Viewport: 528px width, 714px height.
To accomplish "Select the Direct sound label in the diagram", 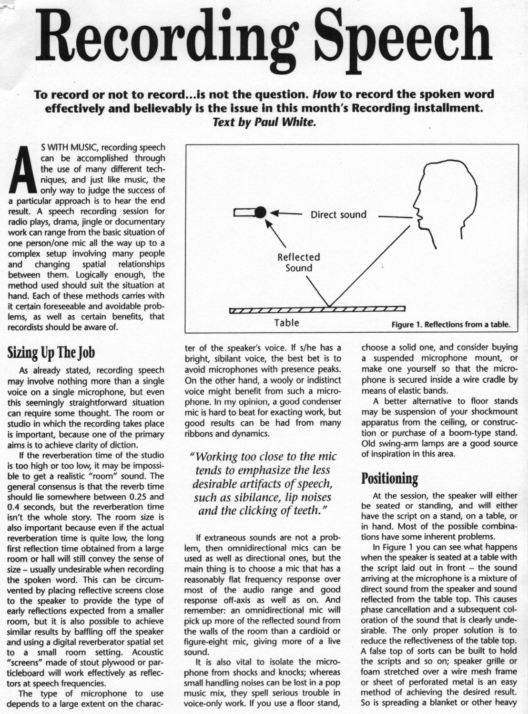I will click(x=338, y=214).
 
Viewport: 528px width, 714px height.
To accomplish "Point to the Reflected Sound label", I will click(x=299, y=263).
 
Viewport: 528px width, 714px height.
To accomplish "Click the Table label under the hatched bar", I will click(x=286, y=323).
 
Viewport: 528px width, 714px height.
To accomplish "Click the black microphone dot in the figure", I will click(x=260, y=213).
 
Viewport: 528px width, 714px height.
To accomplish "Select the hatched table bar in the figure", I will click(x=317, y=310).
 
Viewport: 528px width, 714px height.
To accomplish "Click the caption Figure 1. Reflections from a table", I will click(x=450, y=325).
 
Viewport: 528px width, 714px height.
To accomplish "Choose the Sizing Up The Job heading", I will click(x=51, y=353).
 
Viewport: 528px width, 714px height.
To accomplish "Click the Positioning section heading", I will click(x=389, y=478).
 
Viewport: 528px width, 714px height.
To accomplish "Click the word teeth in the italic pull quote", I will click(x=305, y=511).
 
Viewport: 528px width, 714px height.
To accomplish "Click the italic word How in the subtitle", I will click(x=322, y=94).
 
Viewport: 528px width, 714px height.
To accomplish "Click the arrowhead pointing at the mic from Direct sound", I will click(x=274, y=213).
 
